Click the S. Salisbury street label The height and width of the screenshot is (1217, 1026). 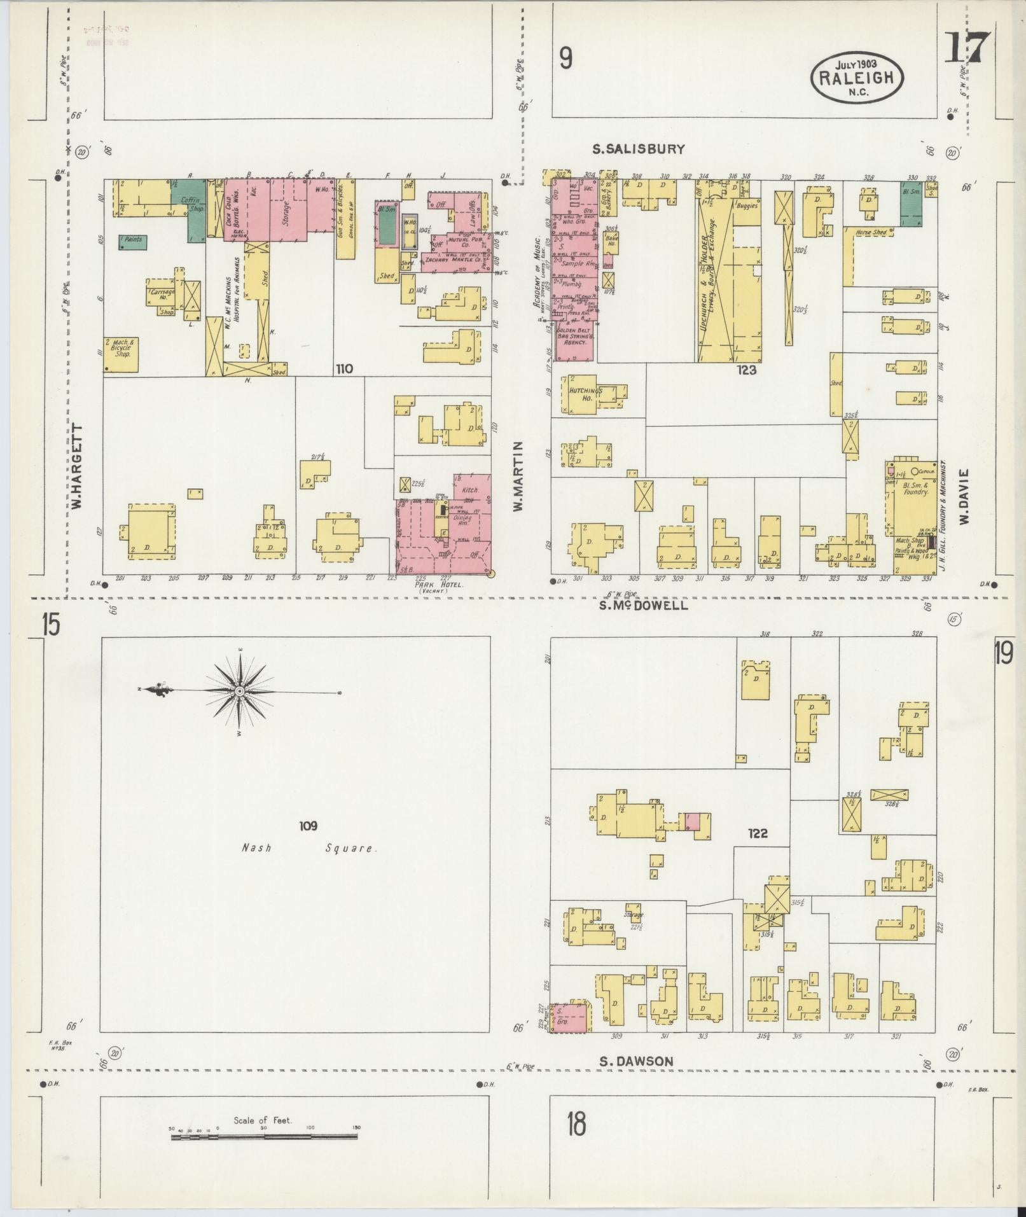click(638, 150)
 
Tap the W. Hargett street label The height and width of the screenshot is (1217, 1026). click(78, 466)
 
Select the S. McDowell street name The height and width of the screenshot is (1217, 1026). click(643, 605)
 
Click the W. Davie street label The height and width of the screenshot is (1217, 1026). click(964, 496)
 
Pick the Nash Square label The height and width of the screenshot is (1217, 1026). click(310, 848)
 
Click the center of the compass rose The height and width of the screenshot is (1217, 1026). click(240, 691)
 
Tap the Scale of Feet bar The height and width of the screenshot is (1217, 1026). click(264, 691)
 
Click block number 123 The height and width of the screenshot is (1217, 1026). click(745, 369)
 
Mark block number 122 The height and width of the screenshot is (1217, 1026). click(758, 833)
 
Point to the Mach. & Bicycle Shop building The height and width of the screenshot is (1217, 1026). click(121, 354)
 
